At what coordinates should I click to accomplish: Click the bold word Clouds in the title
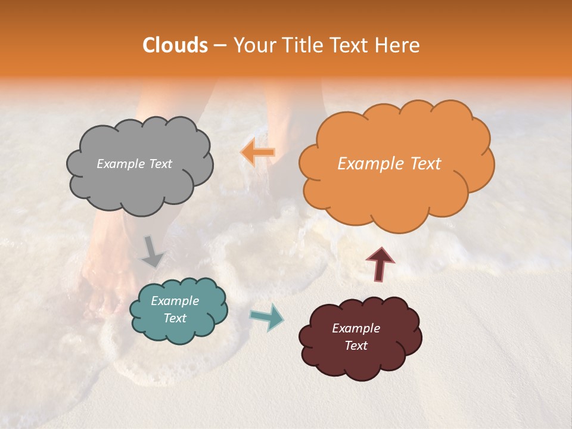click(175, 45)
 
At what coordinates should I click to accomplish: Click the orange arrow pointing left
click(257, 152)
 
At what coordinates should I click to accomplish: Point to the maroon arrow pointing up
click(380, 264)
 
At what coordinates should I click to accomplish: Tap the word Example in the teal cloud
click(175, 301)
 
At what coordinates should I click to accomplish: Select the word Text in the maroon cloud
click(356, 346)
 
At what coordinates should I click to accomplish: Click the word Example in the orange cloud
click(365, 164)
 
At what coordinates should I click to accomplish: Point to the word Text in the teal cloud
click(175, 318)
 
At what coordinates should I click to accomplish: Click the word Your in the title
click(251, 45)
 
